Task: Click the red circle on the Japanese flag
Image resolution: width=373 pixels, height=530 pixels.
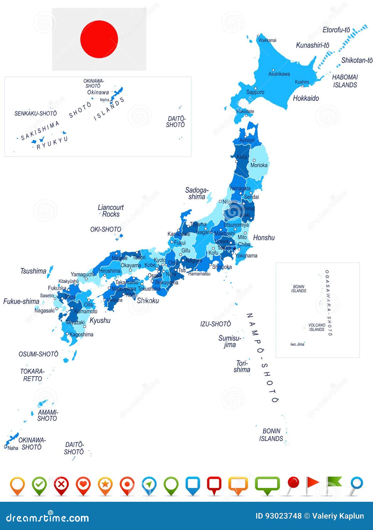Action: [99, 39]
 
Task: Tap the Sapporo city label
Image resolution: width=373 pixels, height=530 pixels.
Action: [255, 92]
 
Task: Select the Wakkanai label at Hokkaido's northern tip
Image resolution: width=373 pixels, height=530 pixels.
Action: [267, 40]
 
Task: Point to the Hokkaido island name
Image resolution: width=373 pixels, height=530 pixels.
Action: [306, 98]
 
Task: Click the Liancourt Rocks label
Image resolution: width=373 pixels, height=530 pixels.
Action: [111, 211]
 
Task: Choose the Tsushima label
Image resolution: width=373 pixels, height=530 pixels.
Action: [33, 271]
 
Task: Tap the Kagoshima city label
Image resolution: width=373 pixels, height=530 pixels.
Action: [81, 335]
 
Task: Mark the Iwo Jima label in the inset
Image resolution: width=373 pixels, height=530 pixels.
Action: [297, 344]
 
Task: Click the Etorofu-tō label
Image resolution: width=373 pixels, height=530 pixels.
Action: [336, 30]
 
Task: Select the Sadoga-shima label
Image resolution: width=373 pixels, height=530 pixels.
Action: [197, 193]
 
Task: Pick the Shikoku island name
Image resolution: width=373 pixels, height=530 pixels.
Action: [148, 300]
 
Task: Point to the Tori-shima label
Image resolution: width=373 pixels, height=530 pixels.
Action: [242, 366]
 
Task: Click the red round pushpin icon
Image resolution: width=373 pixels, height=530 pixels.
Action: [293, 483]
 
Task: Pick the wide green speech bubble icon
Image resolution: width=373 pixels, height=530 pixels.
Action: [267, 484]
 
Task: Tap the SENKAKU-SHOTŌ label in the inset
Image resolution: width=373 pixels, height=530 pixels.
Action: [36, 114]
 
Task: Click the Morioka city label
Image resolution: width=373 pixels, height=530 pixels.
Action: [259, 165]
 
